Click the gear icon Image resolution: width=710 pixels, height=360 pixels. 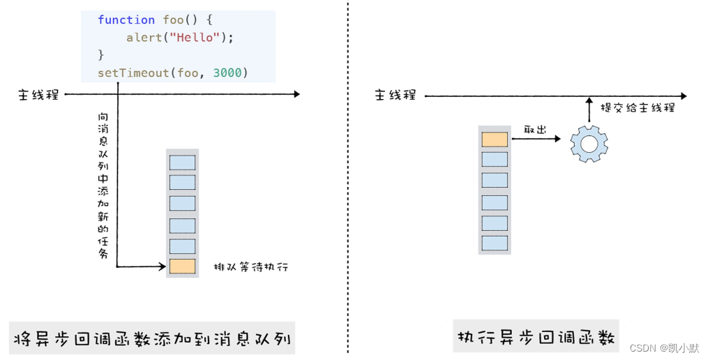pos(589,144)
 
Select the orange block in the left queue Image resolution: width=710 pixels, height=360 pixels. pos(182,266)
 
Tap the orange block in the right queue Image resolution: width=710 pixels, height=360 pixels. pos(494,139)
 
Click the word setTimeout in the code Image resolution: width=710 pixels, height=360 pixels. pos(133,73)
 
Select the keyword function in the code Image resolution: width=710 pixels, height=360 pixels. pos(126,20)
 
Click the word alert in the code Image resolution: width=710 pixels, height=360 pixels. pos(143,38)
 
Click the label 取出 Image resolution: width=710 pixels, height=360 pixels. pos(535,129)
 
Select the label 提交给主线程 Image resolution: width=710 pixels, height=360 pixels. pos(637,108)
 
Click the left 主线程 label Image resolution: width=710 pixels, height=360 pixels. pos(38,95)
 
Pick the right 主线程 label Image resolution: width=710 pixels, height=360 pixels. pos(395,95)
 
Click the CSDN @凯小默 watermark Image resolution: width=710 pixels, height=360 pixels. pos(666,347)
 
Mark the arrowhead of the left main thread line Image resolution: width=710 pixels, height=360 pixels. pos(296,94)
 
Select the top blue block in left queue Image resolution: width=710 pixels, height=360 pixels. pos(182,161)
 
